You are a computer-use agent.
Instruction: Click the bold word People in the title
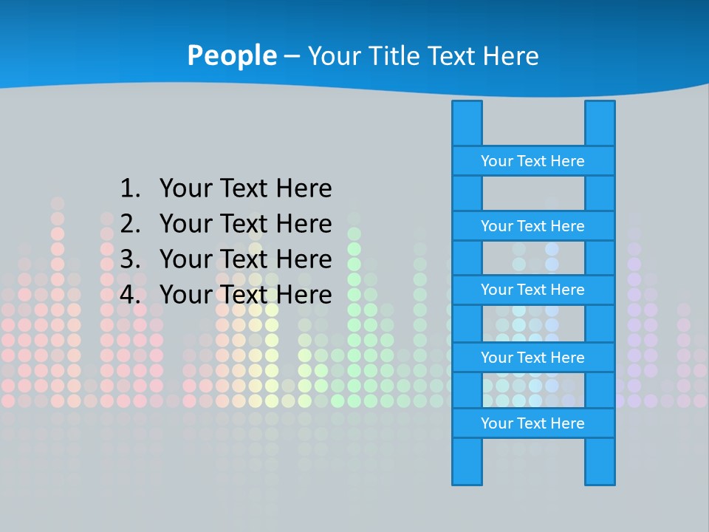tap(232, 55)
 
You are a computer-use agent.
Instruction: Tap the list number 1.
tap(129, 188)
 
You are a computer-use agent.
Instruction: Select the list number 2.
tap(129, 224)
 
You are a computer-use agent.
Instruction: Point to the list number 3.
tap(129, 259)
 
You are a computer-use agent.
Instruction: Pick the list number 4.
tap(129, 295)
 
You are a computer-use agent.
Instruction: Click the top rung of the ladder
tap(533, 161)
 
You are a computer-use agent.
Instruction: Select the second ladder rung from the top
tap(533, 226)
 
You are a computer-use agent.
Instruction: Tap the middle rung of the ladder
tap(533, 290)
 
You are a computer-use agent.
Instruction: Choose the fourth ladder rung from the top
tap(533, 358)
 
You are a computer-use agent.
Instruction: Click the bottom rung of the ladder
tap(533, 423)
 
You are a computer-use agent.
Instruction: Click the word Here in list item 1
tap(304, 188)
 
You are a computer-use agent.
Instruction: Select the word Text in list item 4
tap(244, 295)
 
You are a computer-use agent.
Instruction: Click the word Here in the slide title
tap(510, 55)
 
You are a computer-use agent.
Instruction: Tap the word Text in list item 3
tap(244, 259)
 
